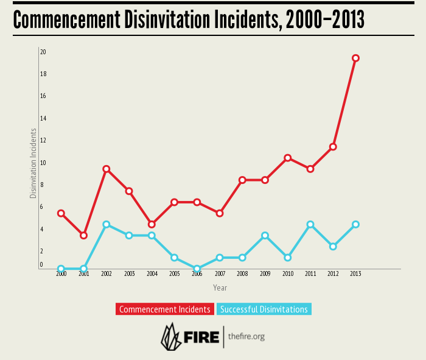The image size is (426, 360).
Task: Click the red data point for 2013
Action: (356, 58)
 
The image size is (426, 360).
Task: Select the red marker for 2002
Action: (106, 169)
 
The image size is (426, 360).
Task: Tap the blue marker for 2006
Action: (197, 269)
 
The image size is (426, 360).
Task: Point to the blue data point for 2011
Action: (310, 225)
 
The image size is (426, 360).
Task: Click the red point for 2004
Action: (152, 225)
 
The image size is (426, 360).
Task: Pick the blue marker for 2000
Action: (61, 269)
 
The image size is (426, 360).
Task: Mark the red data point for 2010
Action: (288, 158)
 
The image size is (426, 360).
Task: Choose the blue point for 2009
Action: (265, 236)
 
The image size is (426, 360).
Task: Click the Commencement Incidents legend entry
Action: (165, 309)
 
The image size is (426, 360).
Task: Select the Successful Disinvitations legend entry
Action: (264, 309)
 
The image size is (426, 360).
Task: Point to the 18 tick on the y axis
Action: (43, 74)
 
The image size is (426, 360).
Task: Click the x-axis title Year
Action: (220, 288)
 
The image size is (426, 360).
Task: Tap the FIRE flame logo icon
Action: (170, 336)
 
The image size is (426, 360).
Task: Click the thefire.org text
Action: (246, 336)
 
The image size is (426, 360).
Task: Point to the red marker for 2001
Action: (84, 235)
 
